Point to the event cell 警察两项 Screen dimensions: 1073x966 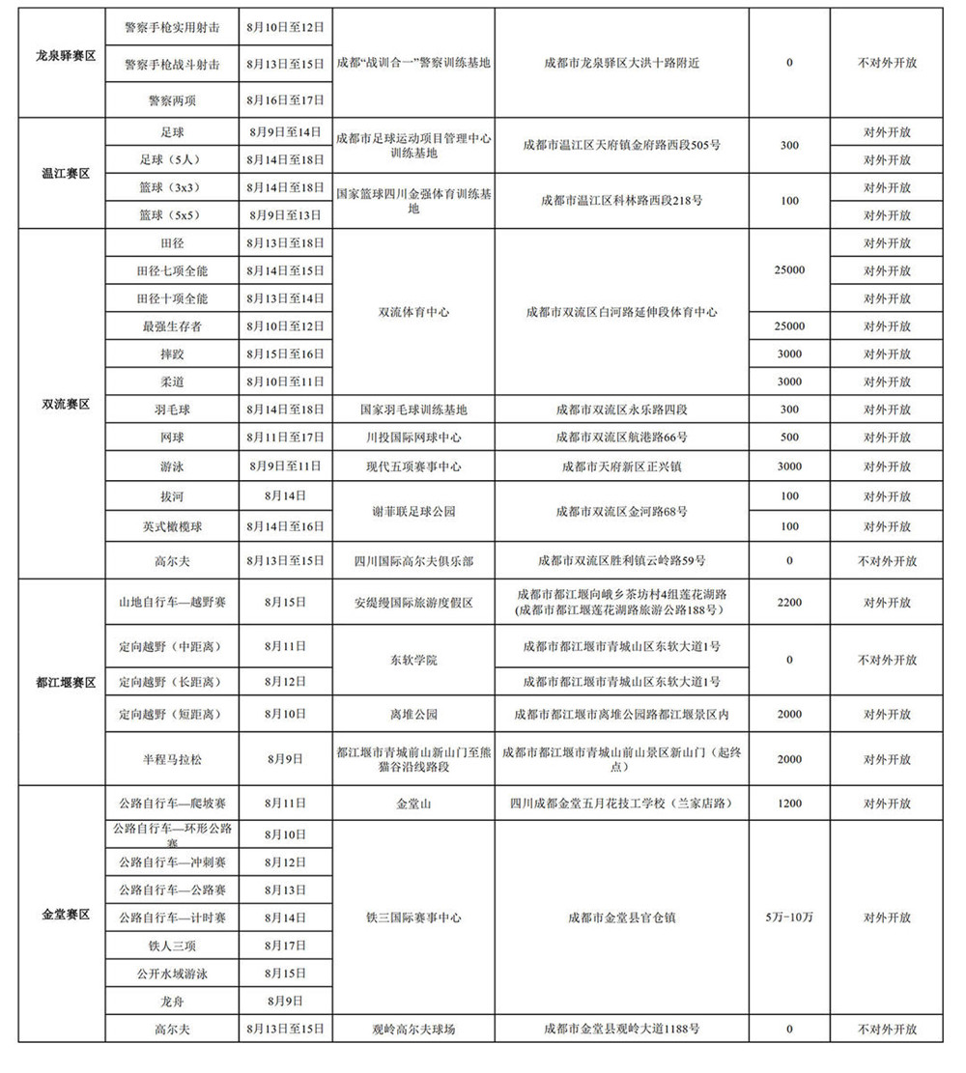(x=172, y=99)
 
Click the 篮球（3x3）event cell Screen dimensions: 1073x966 (x=172, y=187)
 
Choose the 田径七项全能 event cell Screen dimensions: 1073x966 (x=172, y=270)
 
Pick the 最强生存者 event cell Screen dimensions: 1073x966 (x=172, y=326)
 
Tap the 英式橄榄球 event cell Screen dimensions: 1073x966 (x=172, y=526)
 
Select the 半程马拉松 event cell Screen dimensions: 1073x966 (x=172, y=759)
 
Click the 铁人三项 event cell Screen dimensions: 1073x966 (x=172, y=944)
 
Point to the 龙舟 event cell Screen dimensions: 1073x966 (x=172, y=1001)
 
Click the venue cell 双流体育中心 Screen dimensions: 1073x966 (x=413, y=313)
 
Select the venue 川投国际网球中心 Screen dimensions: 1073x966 (x=413, y=438)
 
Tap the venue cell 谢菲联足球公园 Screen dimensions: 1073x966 (x=413, y=512)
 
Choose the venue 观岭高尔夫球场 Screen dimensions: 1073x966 (x=413, y=1030)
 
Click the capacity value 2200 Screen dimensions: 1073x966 (x=789, y=603)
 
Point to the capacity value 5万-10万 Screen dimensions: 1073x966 (x=789, y=917)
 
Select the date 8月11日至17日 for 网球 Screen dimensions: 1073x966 (x=286, y=438)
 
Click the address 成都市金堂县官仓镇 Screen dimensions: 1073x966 (x=621, y=917)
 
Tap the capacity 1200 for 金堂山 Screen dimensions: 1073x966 (x=789, y=804)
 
